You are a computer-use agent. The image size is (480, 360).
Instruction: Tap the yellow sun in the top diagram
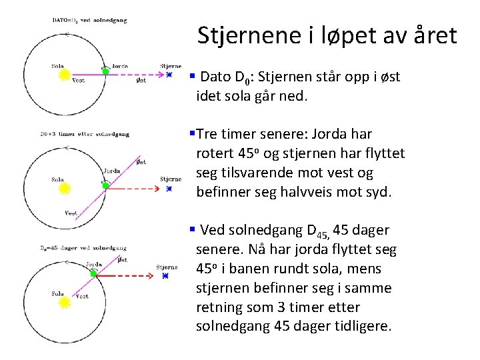pos(65,75)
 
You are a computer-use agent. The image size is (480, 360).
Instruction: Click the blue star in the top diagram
pos(169,75)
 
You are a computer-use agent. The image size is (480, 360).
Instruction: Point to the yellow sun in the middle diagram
pos(65,189)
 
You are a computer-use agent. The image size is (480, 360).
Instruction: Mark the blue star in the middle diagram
pos(169,189)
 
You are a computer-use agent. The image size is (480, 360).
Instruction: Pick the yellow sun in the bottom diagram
pos(65,303)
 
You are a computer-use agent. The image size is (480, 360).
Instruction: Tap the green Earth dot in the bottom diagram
pos(94,274)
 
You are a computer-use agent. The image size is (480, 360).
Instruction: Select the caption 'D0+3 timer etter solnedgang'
pos(84,134)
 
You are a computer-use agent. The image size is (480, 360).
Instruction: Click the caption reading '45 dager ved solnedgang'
pos(84,248)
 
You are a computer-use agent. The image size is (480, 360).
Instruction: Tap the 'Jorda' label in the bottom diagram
pos(94,265)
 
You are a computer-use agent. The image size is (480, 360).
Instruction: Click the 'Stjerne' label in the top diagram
pos(171,66)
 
